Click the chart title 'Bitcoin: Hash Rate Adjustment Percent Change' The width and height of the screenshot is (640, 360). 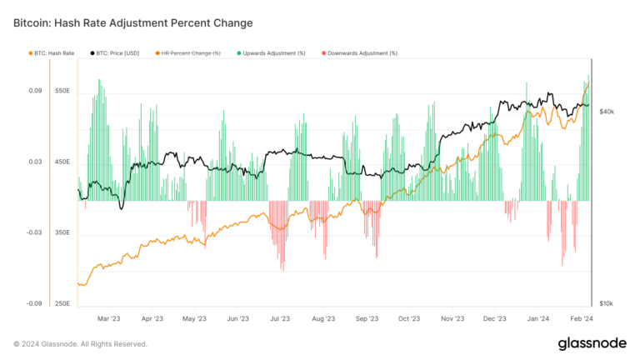132,22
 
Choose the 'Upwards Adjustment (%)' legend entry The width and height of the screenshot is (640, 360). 271,52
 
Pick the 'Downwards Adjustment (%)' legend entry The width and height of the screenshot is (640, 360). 359,52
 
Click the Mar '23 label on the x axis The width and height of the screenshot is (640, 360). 109,318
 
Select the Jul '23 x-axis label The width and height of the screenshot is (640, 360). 279,318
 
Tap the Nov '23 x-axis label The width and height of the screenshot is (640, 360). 452,318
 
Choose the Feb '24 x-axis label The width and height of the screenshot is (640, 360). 580,318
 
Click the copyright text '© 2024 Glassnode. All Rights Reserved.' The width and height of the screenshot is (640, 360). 80,343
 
